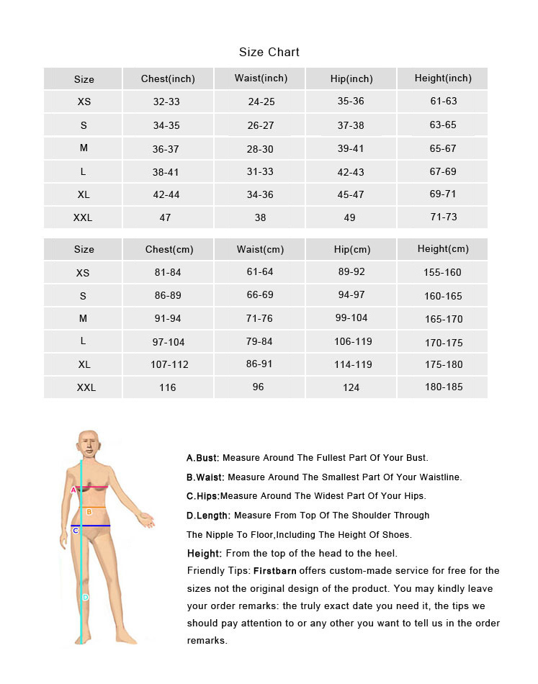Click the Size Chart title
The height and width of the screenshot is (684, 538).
[269, 52]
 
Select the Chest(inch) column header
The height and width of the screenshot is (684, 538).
[168, 78]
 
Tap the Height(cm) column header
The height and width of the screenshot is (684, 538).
[443, 249]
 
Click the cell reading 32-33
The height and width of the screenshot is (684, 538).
[166, 102]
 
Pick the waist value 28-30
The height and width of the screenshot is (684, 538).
[261, 149]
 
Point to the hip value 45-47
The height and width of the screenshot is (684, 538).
[351, 194]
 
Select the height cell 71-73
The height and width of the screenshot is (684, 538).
[444, 217]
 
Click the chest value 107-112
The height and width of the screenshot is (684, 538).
[169, 364]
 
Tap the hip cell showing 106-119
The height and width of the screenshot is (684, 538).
[353, 342]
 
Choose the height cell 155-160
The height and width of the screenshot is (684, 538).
[443, 272]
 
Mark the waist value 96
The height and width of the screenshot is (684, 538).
[259, 387]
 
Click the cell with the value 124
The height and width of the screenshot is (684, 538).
[351, 387]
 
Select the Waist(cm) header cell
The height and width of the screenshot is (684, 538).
[260, 250]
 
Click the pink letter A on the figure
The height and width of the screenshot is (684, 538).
[73, 490]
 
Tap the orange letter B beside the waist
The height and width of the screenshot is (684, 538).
[89, 512]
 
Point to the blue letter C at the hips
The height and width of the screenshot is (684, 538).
[75, 531]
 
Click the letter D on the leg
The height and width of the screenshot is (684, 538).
[85, 597]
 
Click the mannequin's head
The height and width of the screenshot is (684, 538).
[87, 444]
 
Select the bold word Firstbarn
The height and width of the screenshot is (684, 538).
[275, 571]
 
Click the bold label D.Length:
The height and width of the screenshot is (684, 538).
[208, 516]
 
